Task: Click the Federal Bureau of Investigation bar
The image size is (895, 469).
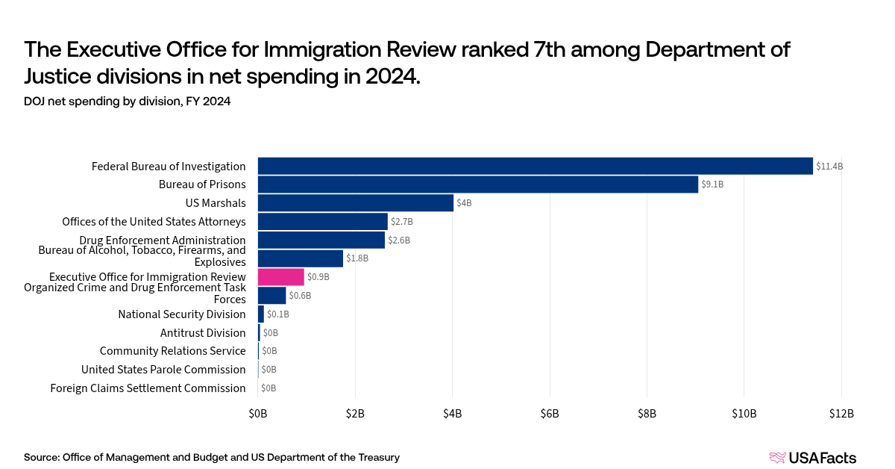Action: (x=535, y=166)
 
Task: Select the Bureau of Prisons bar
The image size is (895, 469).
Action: (x=477, y=184)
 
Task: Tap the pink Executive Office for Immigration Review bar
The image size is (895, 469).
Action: (x=280, y=277)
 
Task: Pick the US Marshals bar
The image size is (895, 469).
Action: (x=355, y=203)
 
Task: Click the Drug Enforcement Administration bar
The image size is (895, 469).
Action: (x=321, y=240)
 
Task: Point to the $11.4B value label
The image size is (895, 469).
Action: (x=829, y=167)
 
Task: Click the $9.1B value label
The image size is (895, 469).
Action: (x=713, y=184)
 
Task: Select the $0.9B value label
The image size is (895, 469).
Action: (x=318, y=277)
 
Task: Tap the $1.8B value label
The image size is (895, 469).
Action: (x=357, y=258)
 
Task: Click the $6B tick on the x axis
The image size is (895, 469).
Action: (x=550, y=414)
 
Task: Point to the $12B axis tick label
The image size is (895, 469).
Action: (x=841, y=414)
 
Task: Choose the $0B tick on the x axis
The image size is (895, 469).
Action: (x=258, y=414)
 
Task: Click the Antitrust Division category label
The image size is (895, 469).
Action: (x=203, y=333)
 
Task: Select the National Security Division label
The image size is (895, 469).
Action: (x=182, y=314)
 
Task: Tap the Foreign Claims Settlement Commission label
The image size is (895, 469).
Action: (x=148, y=388)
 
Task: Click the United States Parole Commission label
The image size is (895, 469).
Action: (x=163, y=370)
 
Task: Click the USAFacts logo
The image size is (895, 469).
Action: (x=812, y=458)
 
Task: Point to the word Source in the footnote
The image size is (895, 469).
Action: (x=41, y=457)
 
